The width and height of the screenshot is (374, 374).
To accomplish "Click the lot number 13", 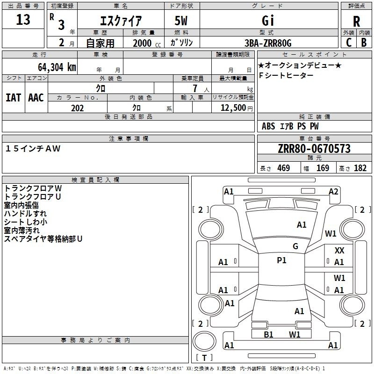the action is click(23, 20).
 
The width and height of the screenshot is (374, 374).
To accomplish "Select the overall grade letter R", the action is click(356, 22).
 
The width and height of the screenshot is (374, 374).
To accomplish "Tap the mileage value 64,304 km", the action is click(57, 67).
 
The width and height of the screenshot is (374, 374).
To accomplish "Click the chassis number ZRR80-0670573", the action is click(314, 149).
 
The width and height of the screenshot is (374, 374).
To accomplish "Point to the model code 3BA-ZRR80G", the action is click(268, 43).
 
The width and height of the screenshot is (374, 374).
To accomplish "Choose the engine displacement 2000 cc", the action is click(147, 43).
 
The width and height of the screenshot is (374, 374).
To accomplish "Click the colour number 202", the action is click(77, 108).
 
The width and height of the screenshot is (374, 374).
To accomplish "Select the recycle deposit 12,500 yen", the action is click(237, 108).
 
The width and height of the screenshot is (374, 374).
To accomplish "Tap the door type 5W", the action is click(181, 21).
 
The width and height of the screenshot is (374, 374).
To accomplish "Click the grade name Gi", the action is click(268, 21).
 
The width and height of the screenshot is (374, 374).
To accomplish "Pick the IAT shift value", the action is click(14, 98).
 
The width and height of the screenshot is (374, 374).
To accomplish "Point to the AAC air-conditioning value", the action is click(36, 98).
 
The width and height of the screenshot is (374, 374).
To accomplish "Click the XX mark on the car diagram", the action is click(339, 251).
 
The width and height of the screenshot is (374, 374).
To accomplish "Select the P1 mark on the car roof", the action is click(281, 260).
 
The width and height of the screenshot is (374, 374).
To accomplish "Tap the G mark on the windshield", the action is click(295, 246).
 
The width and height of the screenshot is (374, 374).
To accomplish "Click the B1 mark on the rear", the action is click(268, 335).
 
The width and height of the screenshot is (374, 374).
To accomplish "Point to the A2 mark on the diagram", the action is click(333, 192).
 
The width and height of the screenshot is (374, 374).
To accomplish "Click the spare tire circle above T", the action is click(204, 341).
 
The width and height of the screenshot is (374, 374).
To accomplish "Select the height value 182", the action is click(360, 168).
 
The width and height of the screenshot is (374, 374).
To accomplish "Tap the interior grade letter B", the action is click(364, 43).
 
